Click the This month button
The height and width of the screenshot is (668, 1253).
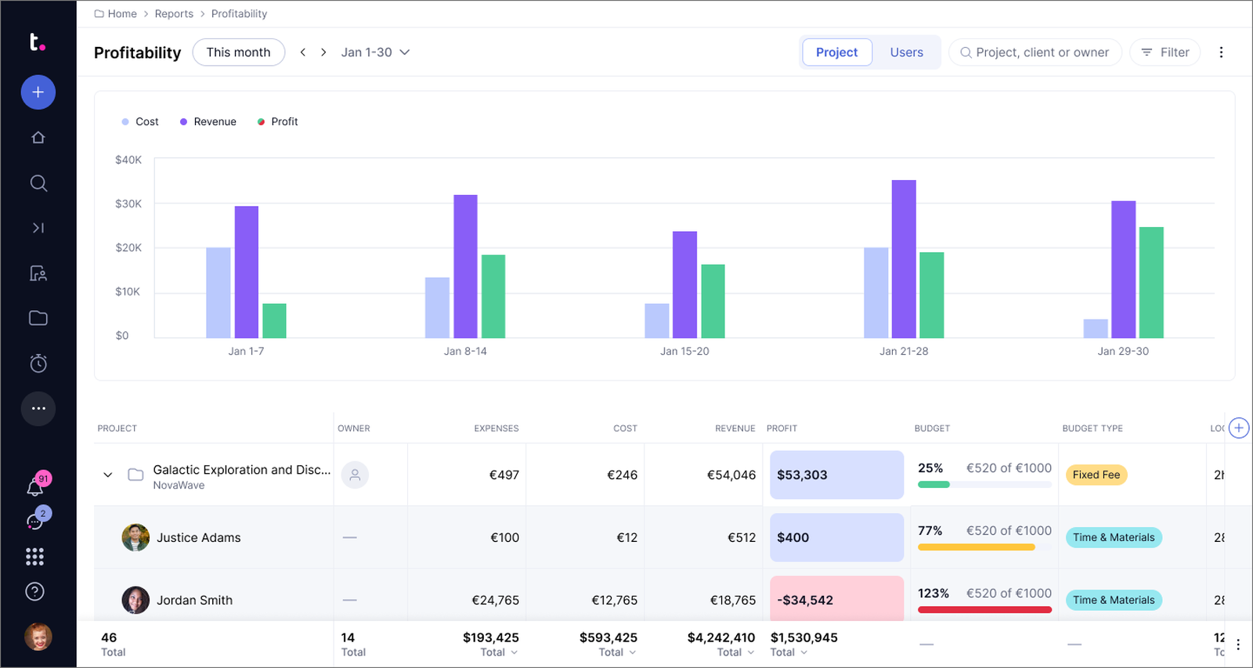pos(238,52)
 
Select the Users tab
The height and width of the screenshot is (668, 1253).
pos(906,52)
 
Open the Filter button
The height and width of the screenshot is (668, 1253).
pos(1165,52)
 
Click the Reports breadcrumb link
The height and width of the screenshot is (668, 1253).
pos(174,13)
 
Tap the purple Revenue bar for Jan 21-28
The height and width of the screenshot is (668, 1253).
pos(904,259)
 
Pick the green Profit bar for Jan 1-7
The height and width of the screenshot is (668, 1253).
pos(274,320)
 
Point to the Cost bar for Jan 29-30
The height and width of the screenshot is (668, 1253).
pos(1096,328)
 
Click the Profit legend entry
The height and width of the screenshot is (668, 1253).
pos(277,121)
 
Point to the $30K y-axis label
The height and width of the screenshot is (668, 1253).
pos(128,204)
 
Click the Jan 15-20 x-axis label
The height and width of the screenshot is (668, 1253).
pos(684,351)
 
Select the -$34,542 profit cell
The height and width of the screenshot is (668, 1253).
pos(837,599)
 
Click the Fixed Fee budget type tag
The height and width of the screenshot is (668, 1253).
pos(1096,475)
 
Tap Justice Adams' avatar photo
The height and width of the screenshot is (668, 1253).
pos(135,537)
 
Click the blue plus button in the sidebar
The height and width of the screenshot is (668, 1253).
pos(38,92)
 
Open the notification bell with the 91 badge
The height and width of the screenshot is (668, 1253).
pos(34,487)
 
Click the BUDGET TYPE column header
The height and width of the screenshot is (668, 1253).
pos(1092,428)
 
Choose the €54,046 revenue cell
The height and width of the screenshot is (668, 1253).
pos(731,475)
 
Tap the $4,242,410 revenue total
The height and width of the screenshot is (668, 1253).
pos(721,637)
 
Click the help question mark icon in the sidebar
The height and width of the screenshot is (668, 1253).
pos(34,591)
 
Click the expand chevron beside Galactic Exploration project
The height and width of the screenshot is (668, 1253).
pos(108,475)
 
